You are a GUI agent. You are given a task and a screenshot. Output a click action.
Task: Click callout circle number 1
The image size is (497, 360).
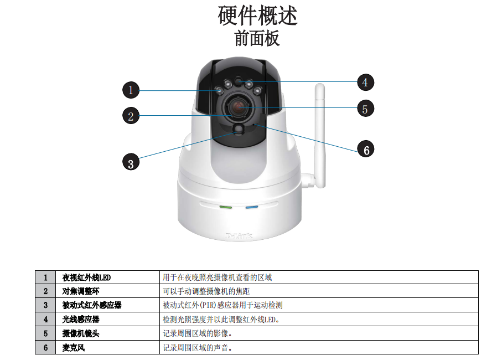pos(131,90)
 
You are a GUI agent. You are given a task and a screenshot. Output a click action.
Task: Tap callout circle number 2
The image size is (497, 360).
pos(131,116)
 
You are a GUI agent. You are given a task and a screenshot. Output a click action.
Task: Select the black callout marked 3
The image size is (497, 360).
pos(131,162)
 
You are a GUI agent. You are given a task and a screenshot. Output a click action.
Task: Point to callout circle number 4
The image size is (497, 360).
pos(365,83)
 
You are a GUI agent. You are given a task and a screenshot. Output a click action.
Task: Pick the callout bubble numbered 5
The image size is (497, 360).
pos(365,109)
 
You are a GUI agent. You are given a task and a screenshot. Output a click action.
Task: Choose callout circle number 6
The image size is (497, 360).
pos(365,149)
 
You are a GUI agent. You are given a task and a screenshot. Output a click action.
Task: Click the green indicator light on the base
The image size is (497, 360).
pos(226,207)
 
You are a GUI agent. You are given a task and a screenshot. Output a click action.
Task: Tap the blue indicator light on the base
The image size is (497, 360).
pos(252,207)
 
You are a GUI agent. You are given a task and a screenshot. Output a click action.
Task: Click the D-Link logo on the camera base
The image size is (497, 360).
pos(239,235)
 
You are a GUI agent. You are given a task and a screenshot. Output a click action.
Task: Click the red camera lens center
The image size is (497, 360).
pos(239,107)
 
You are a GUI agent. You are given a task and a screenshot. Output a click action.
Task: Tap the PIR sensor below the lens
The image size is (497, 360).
pos(239,128)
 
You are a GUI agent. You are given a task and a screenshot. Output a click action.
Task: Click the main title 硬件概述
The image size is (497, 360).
pos(257,16)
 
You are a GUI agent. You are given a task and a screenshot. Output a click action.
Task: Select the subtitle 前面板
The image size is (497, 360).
pos(257,38)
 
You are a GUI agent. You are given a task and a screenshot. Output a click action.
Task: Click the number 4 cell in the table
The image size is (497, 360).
pos(45,319)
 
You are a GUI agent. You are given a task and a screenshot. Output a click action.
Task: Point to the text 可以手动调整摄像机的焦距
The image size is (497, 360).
pos(206,291)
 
